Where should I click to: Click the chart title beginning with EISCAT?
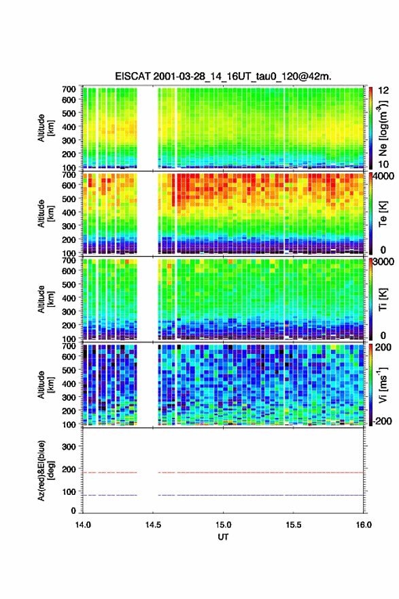[x=223, y=76]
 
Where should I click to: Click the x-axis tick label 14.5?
[x=153, y=525]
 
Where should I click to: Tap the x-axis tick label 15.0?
[x=223, y=525]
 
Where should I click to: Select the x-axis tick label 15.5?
[x=294, y=525]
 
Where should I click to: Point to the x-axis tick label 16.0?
[x=364, y=525]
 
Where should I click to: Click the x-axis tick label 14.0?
[x=83, y=525]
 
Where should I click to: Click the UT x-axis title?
[x=223, y=537]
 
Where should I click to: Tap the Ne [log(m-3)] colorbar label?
[x=383, y=128]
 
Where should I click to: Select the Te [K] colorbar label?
[x=383, y=214]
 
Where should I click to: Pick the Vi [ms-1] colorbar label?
[x=383, y=385]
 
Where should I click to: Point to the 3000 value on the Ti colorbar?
[x=383, y=262]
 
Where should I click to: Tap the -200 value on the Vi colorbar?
[x=381, y=421]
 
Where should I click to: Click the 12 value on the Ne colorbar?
[x=383, y=91]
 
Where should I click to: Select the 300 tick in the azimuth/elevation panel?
[x=69, y=447]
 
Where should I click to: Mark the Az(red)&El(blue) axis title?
[x=46, y=470]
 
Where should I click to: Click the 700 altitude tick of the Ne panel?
[x=69, y=89]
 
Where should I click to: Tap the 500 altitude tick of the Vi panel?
[x=69, y=370]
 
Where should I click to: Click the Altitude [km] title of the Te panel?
[x=46, y=214]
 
